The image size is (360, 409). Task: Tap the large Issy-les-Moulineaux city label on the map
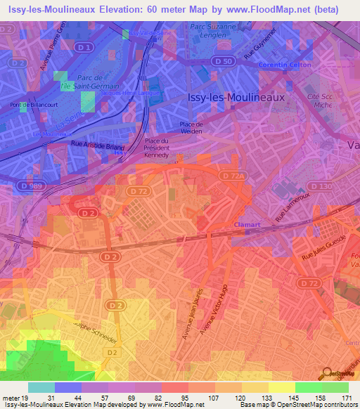[236, 98]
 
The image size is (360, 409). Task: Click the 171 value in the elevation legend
[346, 398]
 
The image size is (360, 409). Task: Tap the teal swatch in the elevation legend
[41, 387]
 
